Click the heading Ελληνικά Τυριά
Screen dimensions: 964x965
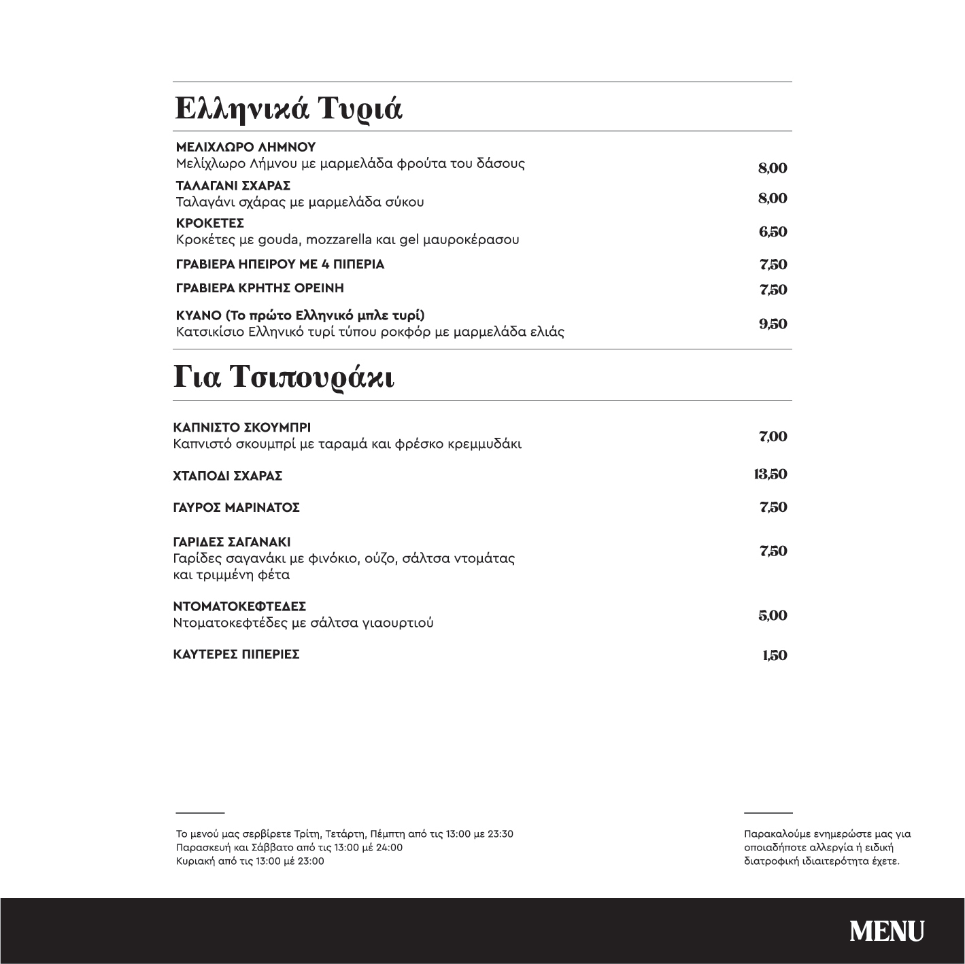click(x=288, y=108)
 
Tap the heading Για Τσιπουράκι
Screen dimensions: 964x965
click(x=284, y=377)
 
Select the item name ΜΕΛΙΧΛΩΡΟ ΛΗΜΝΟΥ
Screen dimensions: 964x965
click(x=246, y=148)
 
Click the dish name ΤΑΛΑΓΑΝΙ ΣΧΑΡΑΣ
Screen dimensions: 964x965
click(x=233, y=186)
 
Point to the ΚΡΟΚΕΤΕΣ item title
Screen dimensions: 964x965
click(x=210, y=224)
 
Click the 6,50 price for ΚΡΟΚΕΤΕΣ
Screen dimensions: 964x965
click(x=773, y=232)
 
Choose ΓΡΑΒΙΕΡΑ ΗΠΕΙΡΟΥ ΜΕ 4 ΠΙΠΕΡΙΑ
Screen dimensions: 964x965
click(x=280, y=264)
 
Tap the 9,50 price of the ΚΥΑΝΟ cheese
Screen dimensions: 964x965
click(x=773, y=324)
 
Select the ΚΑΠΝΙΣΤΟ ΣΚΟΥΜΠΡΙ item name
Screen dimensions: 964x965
click(x=242, y=428)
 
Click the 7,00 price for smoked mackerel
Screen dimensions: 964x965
click(x=773, y=436)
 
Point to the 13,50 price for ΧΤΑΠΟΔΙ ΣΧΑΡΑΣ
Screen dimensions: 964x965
click(x=770, y=474)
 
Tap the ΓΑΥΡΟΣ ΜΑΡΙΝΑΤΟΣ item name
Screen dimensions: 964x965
click(x=237, y=508)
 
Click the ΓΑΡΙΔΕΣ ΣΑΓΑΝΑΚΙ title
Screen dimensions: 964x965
click(x=232, y=543)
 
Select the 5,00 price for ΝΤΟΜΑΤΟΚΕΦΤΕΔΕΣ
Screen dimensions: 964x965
click(x=773, y=616)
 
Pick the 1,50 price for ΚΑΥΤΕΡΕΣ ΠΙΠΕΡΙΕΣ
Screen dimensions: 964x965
click(x=775, y=655)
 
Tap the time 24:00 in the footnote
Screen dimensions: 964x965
click(x=388, y=848)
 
